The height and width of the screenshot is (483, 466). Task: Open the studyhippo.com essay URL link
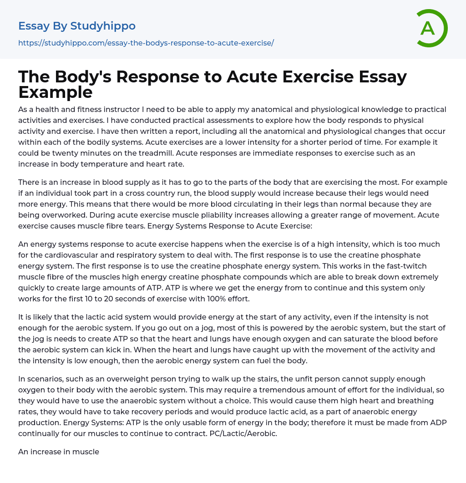tap(146, 43)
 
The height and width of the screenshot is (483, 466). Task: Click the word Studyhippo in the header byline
tap(103, 26)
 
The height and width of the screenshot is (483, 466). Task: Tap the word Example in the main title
tap(56, 92)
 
